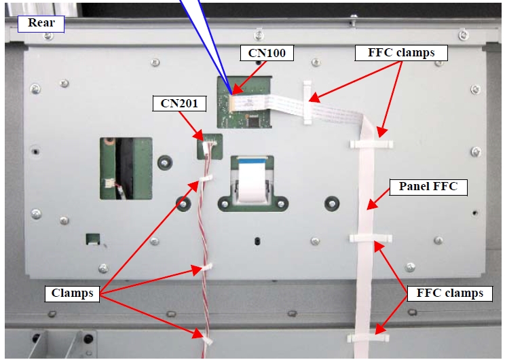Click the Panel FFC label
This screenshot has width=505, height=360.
(428, 186)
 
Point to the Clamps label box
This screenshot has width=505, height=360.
(72, 294)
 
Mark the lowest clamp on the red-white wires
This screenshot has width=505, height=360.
(202, 336)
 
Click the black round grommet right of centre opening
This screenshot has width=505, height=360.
(331, 202)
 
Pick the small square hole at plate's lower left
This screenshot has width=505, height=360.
(92, 239)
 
